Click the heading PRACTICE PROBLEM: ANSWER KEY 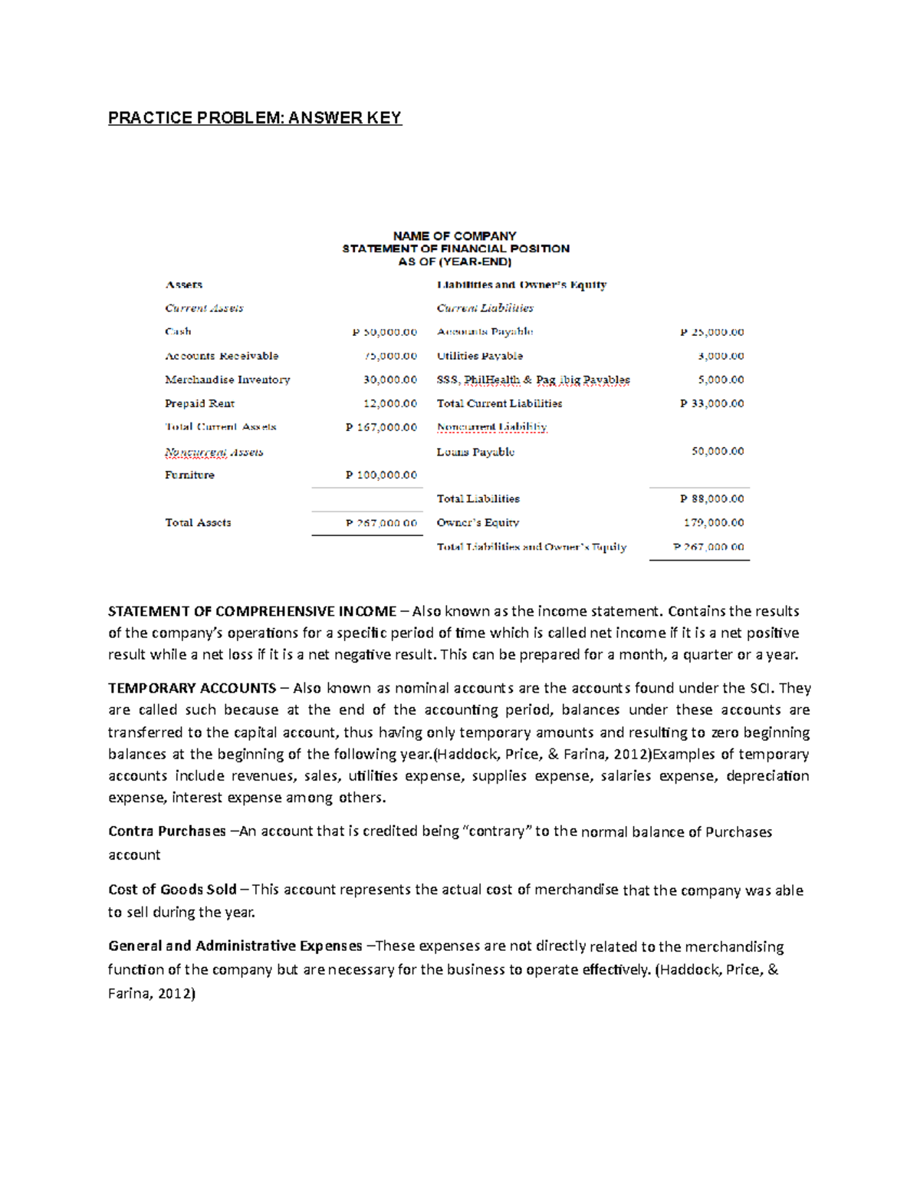255,117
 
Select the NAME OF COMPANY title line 455,235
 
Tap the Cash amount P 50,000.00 385,332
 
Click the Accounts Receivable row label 222,356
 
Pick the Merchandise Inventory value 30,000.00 390,380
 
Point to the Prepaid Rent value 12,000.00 390,403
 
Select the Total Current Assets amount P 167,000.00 382,427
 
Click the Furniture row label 189,475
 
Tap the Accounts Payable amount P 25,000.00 712,332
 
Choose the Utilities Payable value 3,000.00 721,356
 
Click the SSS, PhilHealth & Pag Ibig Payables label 533,380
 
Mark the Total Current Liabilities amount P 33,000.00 712,403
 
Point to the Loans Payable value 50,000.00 718,451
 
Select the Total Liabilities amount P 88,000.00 712,498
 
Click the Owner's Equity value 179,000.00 715,522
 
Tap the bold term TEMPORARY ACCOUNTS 192,688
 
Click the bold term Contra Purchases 167,831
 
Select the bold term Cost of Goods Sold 172,890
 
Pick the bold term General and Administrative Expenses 235,946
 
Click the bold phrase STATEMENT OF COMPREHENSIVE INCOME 252,611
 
